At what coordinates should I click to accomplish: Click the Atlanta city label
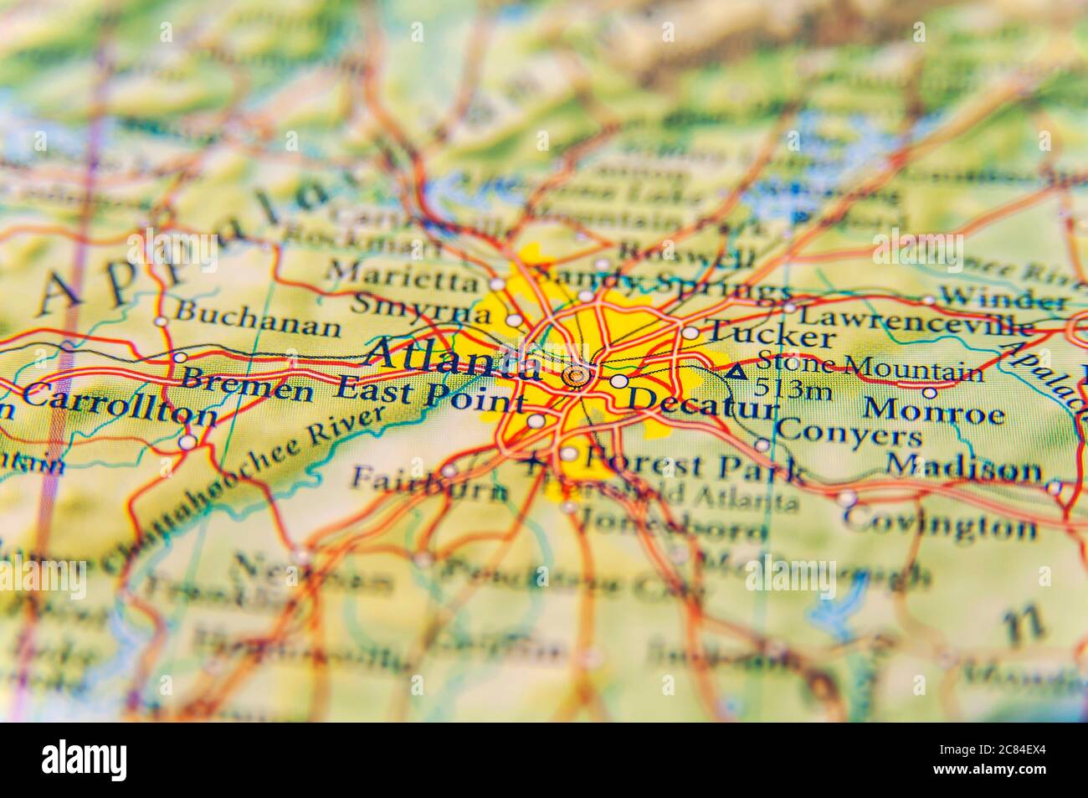(x=454, y=356)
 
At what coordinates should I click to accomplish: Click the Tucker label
(x=770, y=335)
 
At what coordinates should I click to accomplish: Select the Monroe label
(x=933, y=413)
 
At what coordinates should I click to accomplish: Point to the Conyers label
(x=847, y=435)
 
